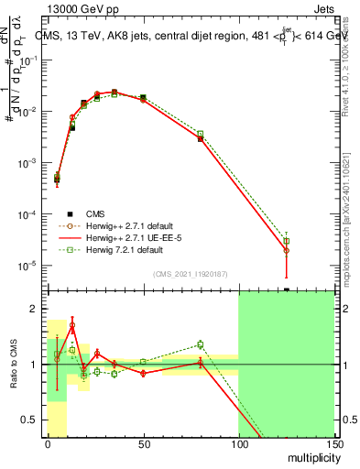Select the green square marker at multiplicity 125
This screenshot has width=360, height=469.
coord(286,241)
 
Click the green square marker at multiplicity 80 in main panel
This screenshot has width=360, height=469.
coord(201,134)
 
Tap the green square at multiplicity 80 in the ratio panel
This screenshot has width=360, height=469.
coord(201,344)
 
